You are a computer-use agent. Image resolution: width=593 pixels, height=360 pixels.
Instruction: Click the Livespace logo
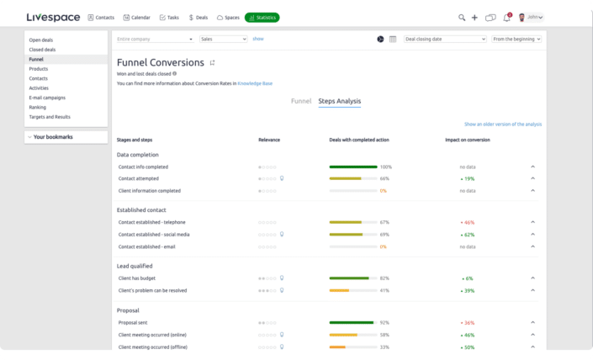[x=53, y=17]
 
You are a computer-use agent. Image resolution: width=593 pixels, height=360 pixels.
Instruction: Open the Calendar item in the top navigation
[x=138, y=17]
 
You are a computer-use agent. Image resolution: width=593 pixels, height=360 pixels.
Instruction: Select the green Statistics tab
[x=262, y=17]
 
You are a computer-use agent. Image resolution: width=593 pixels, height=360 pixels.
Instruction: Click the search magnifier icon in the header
[x=462, y=17]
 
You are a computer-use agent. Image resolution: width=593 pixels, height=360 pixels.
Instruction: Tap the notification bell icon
[x=506, y=18]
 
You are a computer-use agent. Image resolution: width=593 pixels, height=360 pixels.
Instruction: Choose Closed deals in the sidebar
[x=43, y=50]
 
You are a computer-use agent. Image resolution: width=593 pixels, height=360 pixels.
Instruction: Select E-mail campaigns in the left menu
[x=47, y=98]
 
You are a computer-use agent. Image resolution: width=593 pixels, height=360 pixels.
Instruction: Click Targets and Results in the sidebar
[x=50, y=117]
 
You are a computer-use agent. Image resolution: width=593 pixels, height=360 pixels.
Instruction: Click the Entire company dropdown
[x=155, y=39]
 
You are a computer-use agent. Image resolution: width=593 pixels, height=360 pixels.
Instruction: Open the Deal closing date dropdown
[x=445, y=39]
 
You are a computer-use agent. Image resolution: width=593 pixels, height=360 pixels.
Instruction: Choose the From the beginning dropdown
[x=516, y=39]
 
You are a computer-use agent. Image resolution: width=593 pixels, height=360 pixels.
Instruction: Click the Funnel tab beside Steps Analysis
[x=301, y=101]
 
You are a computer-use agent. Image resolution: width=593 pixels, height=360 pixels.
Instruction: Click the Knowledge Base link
[x=255, y=83]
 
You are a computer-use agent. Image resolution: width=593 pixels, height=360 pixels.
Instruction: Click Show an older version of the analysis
[x=502, y=124]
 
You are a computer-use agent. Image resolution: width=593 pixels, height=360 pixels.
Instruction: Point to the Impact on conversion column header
[x=467, y=140]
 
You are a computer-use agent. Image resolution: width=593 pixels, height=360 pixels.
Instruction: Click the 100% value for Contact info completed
[x=386, y=167]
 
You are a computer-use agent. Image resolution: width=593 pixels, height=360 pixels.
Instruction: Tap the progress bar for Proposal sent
[x=352, y=322]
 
